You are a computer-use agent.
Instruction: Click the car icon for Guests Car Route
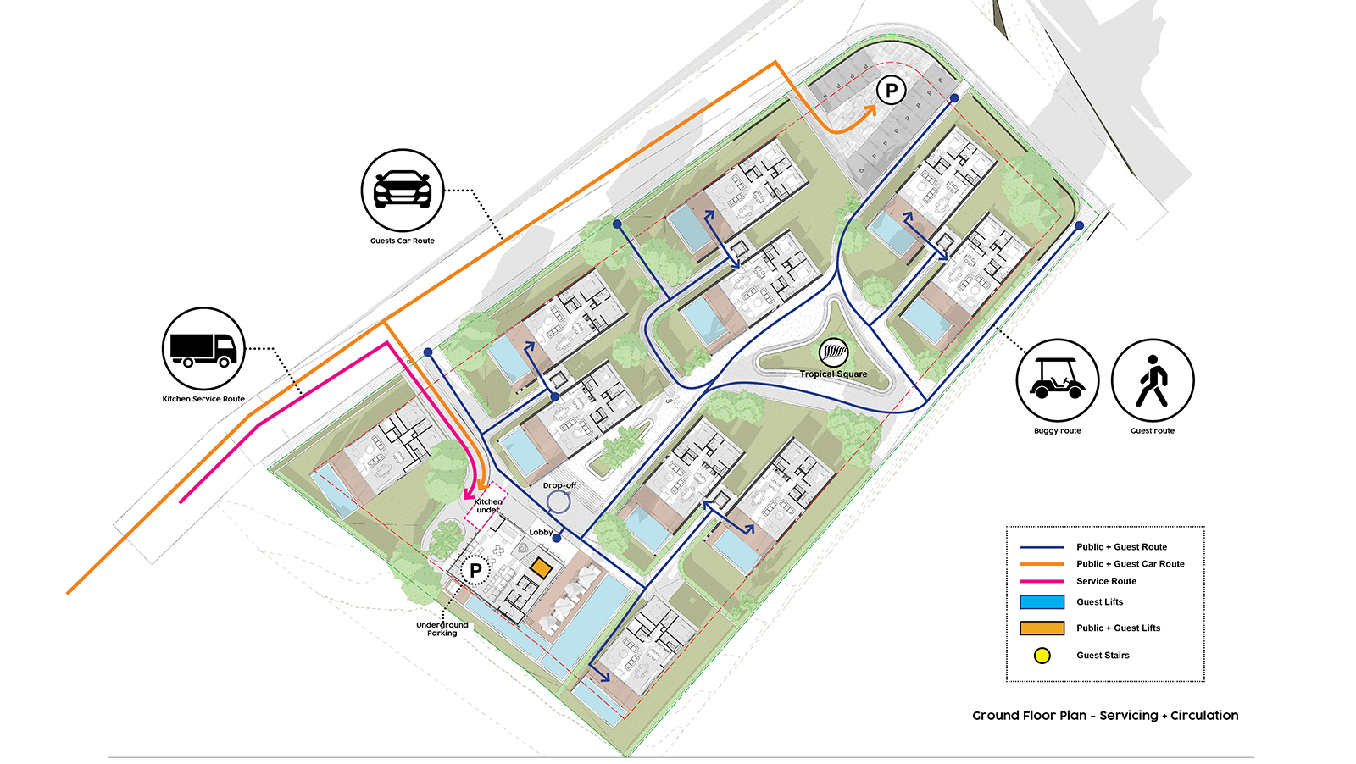pos(403,191)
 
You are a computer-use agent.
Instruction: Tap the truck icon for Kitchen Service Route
pos(203,348)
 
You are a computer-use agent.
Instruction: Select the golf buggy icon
pos(1057,380)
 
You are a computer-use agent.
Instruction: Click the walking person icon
pos(1152,380)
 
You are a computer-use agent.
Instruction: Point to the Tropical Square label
pos(833,374)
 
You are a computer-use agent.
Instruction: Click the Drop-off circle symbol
pos(558,502)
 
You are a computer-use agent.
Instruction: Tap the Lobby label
pos(541,533)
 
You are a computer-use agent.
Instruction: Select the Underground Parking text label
pos(442,629)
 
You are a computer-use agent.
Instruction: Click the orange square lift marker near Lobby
pos(540,567)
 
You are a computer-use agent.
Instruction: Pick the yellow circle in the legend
pos(1042,656)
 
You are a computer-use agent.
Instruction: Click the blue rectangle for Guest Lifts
pos(1042,602)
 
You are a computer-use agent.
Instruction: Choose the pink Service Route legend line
pos(1042,581)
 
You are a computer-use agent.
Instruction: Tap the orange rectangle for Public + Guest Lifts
pos(1042,628)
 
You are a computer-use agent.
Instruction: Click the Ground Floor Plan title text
pos(1104,716)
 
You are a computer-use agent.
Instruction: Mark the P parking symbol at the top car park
pos(891,90)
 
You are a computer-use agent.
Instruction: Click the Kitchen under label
pos(488,506)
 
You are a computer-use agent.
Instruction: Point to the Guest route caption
pos(1152,431)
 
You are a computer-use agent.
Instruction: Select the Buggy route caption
pos(1057,431)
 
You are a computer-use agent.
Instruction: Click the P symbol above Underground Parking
pos(475,571)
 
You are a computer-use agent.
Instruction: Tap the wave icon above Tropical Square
pos(834,351)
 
